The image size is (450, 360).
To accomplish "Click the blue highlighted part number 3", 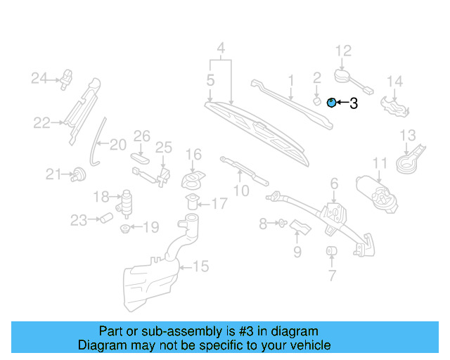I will click(x=332, y=103).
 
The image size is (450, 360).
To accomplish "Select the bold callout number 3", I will click(x=353, y=103).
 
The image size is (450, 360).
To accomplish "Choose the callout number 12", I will click(x=342, y=51).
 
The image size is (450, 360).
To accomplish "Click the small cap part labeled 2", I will click(x=316, y=101).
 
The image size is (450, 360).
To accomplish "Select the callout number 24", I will click(x=38, y=77).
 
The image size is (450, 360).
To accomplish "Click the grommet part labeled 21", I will click(x=78, y=173).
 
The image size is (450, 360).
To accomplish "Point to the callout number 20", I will click(x=117, y=145).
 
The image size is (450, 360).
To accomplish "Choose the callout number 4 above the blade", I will click(x=221, y=49).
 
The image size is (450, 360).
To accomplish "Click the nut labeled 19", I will click(x=125, y=229).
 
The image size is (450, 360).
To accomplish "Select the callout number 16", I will click(x=193, y=154).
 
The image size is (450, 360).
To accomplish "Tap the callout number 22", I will click(x=41, y=123).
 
